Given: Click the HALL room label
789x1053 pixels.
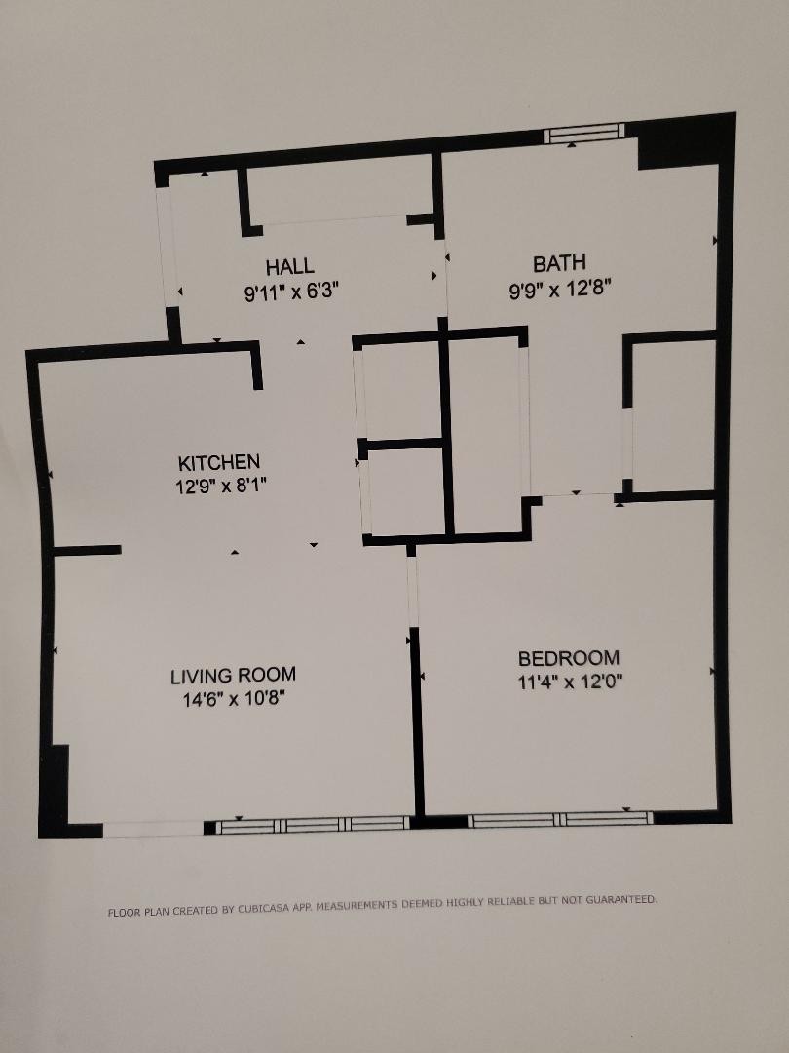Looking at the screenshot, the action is point(290,266).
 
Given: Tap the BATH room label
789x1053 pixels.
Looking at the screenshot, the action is point(559,263).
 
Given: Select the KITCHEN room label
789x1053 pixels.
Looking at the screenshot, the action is point(219,462).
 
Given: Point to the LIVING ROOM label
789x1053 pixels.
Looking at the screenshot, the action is point(233,676).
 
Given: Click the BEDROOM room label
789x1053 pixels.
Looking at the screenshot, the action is point(569,657).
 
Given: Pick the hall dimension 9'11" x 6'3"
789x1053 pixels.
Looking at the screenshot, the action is point(291,292).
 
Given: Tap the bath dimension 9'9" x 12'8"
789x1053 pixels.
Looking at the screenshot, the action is point(559,291).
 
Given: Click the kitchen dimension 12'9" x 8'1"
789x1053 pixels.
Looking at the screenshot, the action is point(221,486).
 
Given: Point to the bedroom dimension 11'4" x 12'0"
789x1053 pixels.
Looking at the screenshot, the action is point(570,682).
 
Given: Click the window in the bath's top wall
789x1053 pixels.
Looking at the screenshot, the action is point(583,133).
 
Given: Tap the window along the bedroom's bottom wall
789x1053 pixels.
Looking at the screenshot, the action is point(559,819).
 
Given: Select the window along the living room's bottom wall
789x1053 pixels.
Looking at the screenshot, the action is point(313,824).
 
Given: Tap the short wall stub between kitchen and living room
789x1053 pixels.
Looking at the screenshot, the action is point(87,551).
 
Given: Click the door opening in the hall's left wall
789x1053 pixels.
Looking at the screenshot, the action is point(169,247).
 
